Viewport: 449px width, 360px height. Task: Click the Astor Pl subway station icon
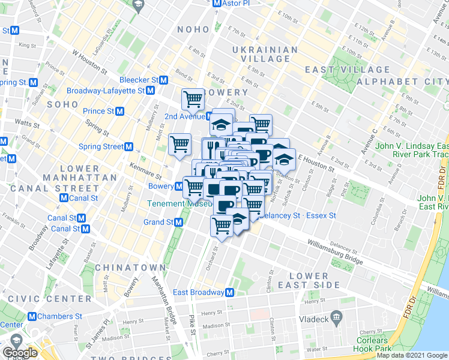[218, 4]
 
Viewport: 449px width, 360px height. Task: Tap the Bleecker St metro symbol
[163, 80]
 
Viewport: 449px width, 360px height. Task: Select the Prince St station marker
[120, 111]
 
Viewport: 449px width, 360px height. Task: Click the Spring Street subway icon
[128, 146]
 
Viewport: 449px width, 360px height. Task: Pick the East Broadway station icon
[229, 293]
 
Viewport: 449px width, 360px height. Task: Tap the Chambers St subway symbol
[32, 316]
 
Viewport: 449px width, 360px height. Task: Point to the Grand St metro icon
[178, 223]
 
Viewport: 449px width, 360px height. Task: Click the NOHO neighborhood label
[193, 29]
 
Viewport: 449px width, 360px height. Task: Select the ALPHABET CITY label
[402, 81]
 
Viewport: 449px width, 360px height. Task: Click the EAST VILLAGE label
[339, 70]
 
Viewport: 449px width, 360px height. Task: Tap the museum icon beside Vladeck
[336, 316]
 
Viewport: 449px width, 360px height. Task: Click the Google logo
[20, 353]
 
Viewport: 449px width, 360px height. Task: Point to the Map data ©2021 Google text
[411, 355]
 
